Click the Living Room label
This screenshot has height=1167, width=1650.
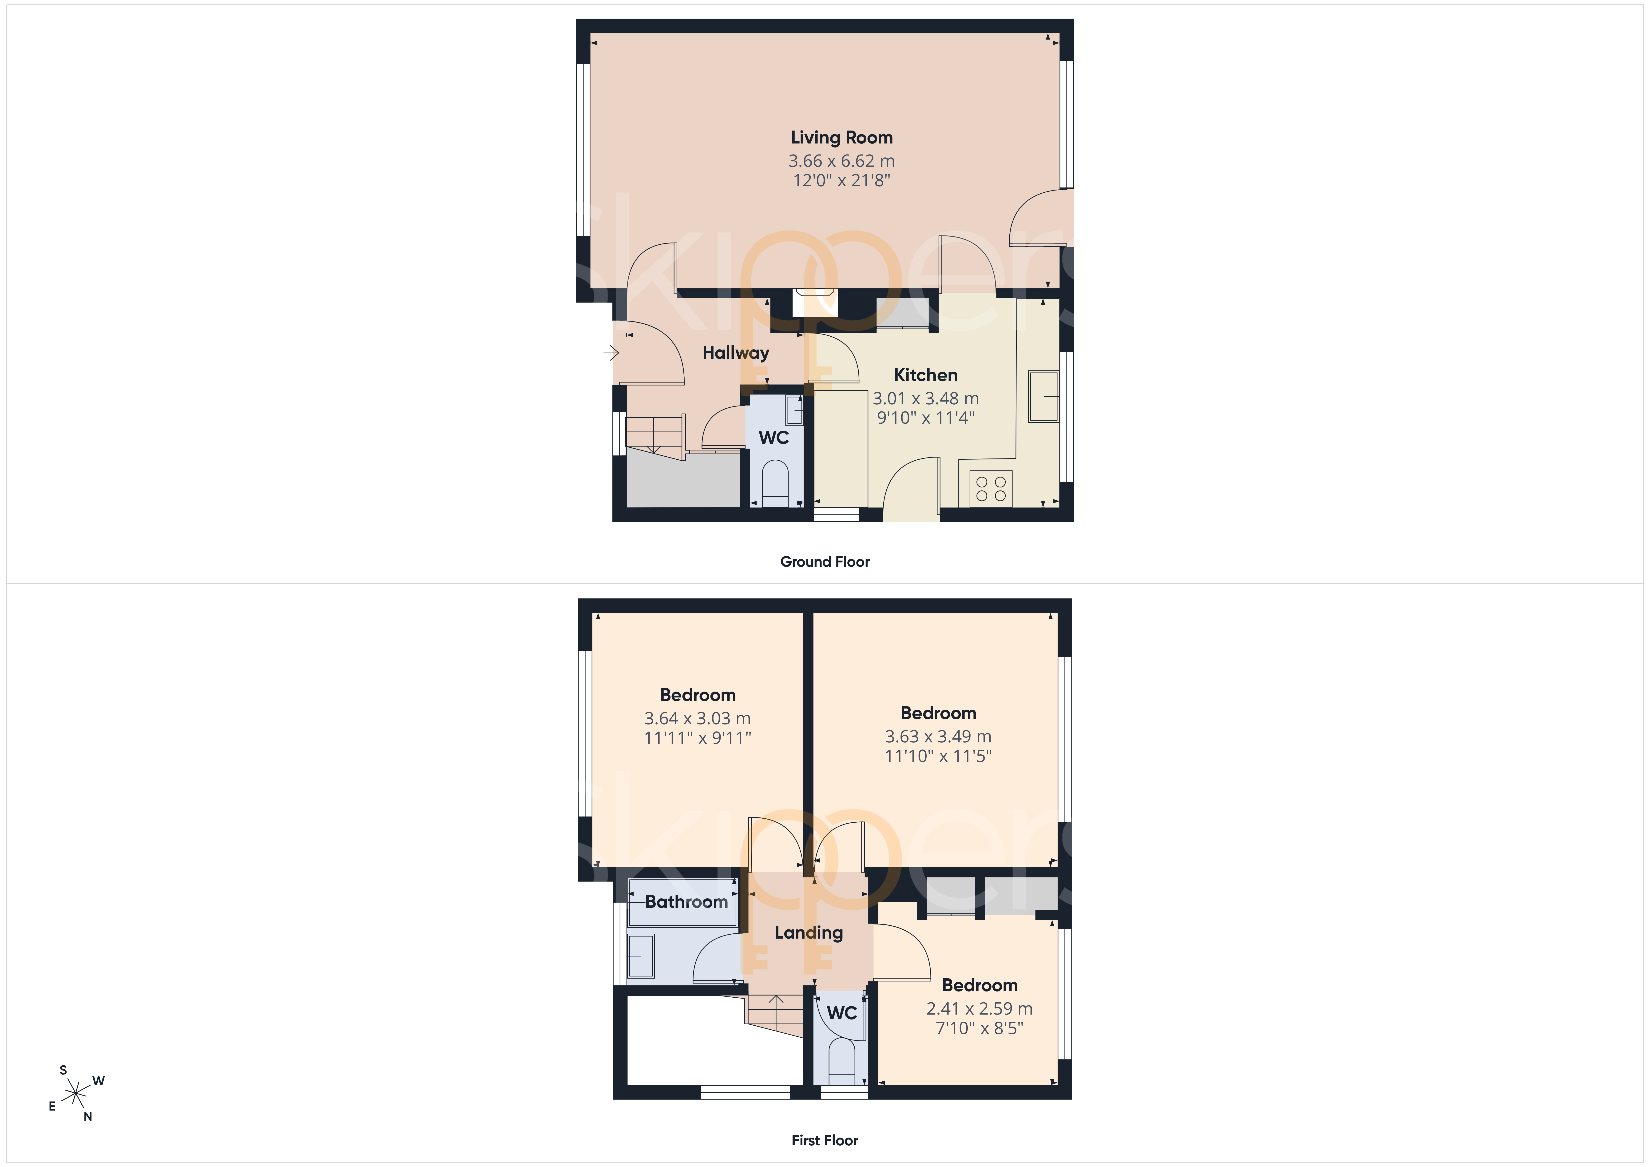point(841,137)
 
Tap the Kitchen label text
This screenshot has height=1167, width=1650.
point(926,375)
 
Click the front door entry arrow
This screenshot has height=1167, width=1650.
point(611,353)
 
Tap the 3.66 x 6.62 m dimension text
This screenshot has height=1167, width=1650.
point(841,161)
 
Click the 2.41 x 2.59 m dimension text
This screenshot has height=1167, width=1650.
point(980,1009)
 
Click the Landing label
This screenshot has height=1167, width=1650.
point(809,933)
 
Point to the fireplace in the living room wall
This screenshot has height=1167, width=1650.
point(815,303)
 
